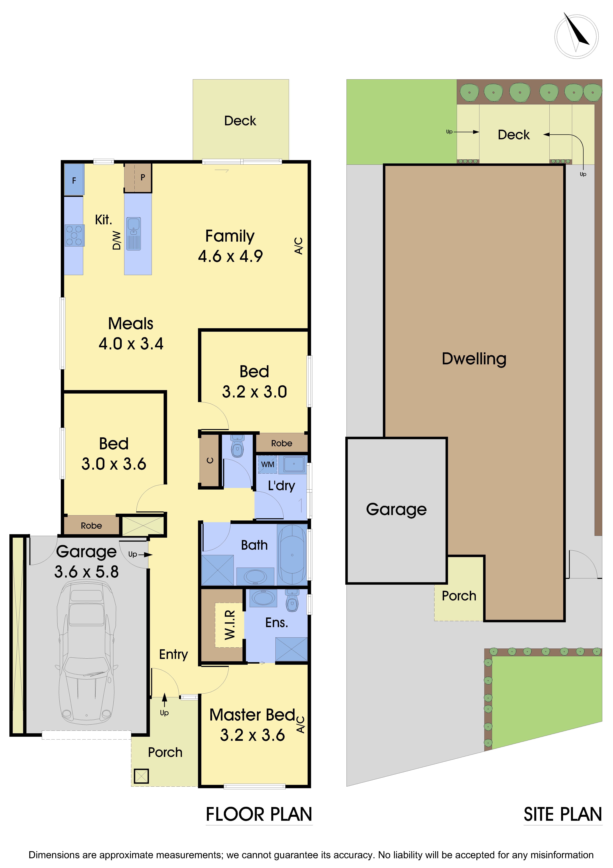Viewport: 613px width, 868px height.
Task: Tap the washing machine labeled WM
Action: [x=267, y=464]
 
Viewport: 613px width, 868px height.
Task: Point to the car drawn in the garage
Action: [x=87, y=650]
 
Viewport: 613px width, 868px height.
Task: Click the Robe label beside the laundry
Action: [x=281, y=443]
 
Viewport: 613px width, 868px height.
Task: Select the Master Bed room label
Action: [x=252, y=715]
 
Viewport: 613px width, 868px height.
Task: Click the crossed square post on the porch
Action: [x=141, y=776]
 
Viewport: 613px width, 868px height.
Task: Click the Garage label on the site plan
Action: [x=396, y=509]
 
